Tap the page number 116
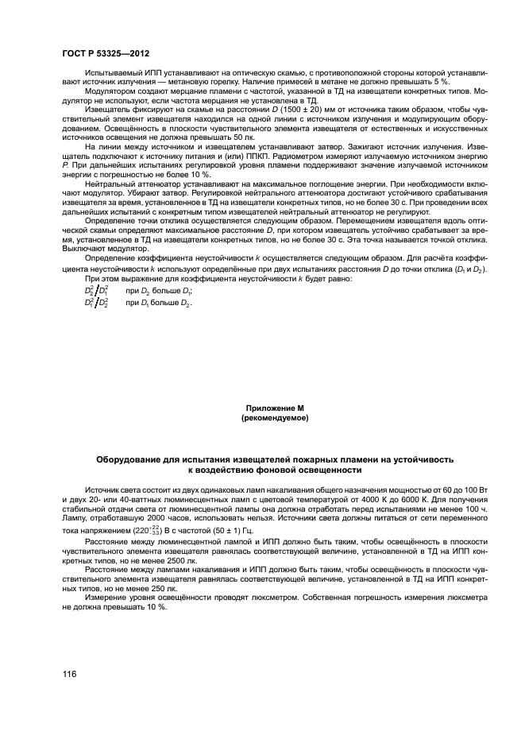tap(69, 674)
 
